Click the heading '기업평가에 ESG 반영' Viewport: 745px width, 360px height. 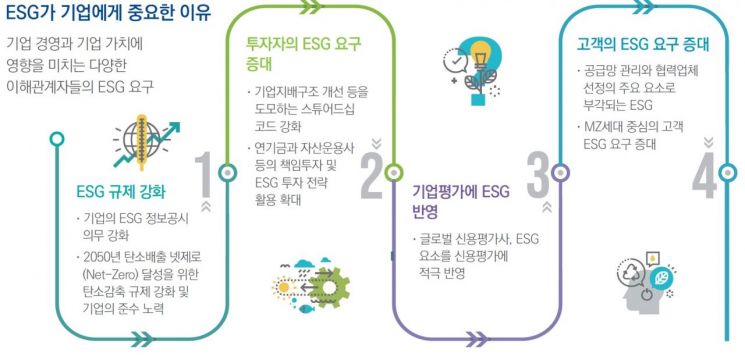460,200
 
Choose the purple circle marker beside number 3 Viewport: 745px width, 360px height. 559,172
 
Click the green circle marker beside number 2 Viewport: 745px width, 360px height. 394,172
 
